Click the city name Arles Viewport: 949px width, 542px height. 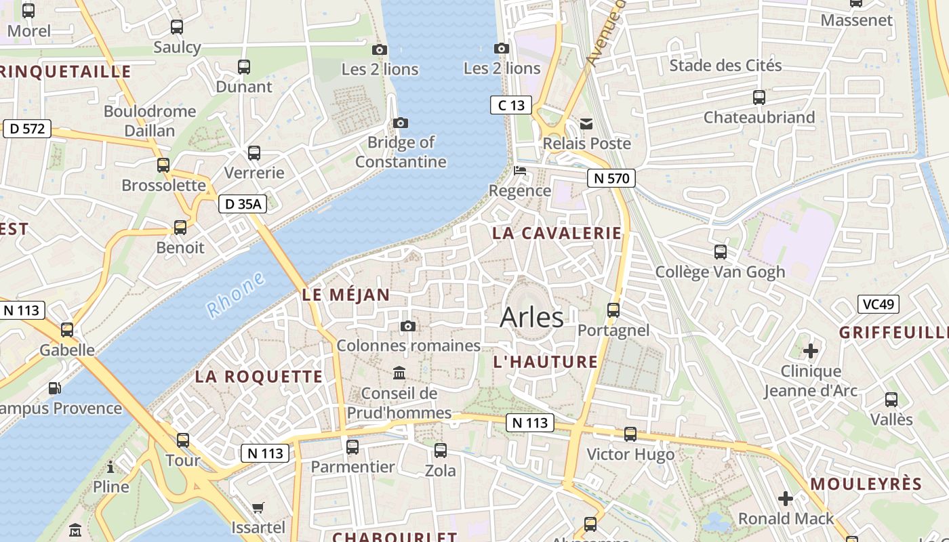pyautogui.click(x=531, y=318)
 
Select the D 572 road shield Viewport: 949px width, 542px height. pyautogui.click(x=27, y=128)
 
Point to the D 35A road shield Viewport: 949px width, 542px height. pyautogui.click(x=242, y=203)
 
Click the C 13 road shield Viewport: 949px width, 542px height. pyautogui.click(x=511, y=105)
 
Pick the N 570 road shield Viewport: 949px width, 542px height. pyautogui.click(x=611, y=178)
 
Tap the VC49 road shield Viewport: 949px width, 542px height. pyautogui.click(x=878, y=304)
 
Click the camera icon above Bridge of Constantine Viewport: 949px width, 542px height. pyautogui.click(x=401, y=123)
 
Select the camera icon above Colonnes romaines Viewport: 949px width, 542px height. pyautogui.click(x=407, y=326)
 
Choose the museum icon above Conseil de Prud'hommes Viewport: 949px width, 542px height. pyautogui.click(x=399, y=373)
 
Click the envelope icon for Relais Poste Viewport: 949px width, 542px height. pyautogui.click(x=586, y=123)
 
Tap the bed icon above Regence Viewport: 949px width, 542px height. pyautogui.click(x=520, y=170)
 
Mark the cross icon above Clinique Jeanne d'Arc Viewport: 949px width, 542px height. pyautogui.click(x=810, y=351)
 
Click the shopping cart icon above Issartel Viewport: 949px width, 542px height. pyautogui.click(x=258, y=507)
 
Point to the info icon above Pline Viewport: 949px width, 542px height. pyautogui.click(x=110, y=467)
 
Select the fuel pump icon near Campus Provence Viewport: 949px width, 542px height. pyautogui.click(x=54, y=388)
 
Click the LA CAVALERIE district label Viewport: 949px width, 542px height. pyautogui.click(x=557, y=233)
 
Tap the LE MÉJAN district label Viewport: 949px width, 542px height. pyautogui.click(x=346, y=295)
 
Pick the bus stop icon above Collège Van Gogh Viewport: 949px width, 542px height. pyautogui.click(x=720, y=252)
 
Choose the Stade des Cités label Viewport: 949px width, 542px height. pyautogui.click(x=725, y=66)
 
